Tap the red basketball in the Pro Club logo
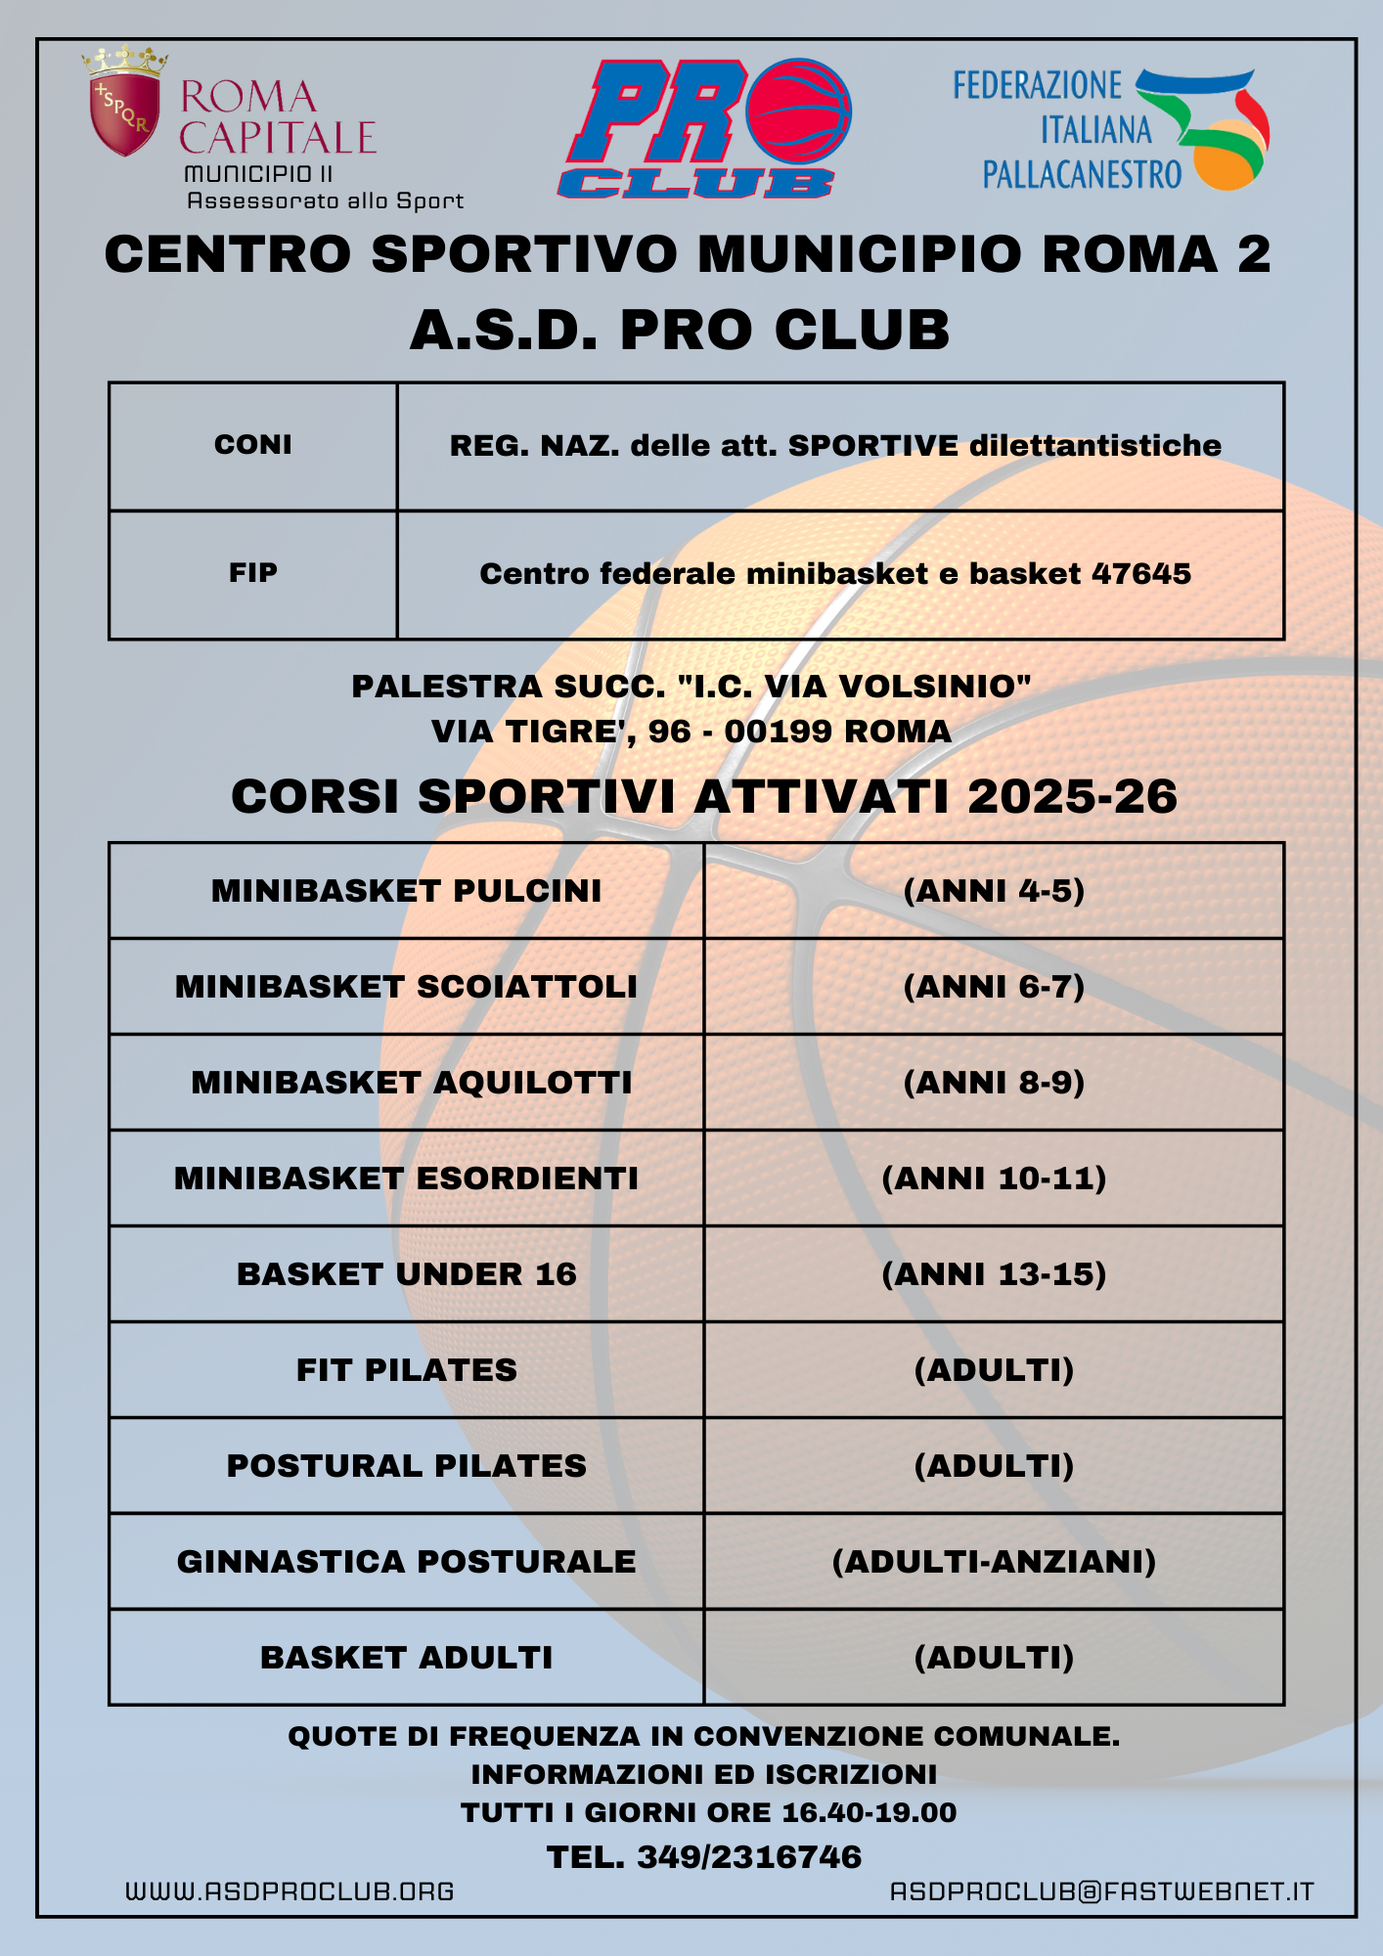click(798, 112)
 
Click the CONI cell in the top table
click(253, 445)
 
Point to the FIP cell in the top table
click(253, 573)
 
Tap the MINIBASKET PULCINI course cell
click(406, 891)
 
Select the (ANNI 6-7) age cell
click(994, 987)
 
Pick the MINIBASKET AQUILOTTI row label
click(411, 1083)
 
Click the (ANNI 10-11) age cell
click(994, 1178)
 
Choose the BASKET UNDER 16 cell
click(406, 1274)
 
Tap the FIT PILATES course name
click(406, 1370)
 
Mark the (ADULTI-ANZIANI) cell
click(994, 1562)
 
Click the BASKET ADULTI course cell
click(406, 1658)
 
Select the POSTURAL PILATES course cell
click(406, 1466)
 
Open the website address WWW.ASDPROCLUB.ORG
click(290, 1891)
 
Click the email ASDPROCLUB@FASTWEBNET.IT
click(1101, 1891)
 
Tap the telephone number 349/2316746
click(749, 1857)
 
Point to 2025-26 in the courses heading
click(1072, 796)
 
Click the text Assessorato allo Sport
click(325, 201)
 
